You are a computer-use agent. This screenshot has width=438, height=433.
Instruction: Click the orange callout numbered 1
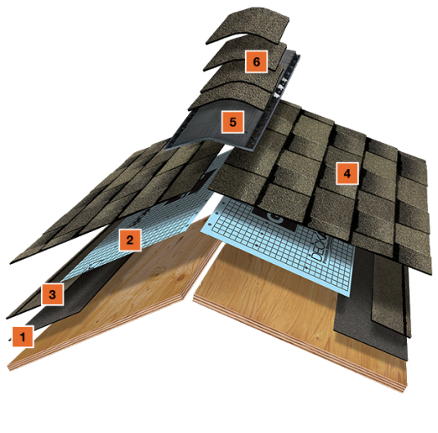(x=22, y=336)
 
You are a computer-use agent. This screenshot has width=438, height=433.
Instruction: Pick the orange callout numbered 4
(x=347, y=172)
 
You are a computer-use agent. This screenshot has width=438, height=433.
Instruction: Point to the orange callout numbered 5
(x=233, y=122)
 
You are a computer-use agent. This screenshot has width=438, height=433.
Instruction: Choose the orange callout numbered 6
(x=257, y=61)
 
